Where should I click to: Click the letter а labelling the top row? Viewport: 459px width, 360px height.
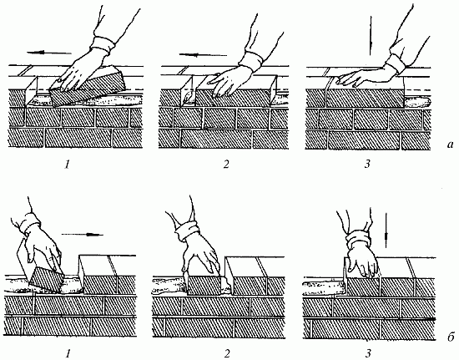tap(450, 145)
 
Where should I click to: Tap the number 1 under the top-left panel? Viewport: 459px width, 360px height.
tap(68, 165)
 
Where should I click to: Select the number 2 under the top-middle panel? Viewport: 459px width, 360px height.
tap(226, 165)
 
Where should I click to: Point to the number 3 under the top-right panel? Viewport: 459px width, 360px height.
tap(367, 164)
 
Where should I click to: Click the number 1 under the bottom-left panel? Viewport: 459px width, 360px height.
tap(68, 354)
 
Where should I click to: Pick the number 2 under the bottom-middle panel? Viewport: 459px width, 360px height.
tap(227, 354)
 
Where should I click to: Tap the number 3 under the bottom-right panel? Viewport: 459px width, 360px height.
tap(368, 354)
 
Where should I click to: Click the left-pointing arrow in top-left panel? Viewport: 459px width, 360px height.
tap(49, 53)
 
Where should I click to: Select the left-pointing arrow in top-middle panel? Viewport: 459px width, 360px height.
tap(203, 55)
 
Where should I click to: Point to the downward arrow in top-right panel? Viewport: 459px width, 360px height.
tap(371, 35)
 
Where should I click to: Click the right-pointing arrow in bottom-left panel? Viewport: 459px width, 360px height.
tap(83, 235)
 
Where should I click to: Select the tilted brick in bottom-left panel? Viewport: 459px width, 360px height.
tap(46, 280)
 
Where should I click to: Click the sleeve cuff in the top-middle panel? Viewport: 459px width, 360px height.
tap(251, 61)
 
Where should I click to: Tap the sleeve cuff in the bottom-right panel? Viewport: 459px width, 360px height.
tap(359, 241)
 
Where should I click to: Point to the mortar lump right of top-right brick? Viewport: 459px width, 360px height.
tap(417, 103)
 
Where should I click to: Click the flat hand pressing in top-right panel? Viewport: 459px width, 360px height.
tap(363, 77)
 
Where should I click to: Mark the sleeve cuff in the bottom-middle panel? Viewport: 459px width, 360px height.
tap(187, 231)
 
